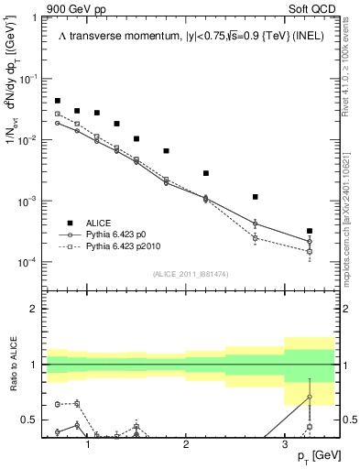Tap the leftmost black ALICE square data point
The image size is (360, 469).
coord(58,101)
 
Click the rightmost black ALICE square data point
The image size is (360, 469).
coord(310,231)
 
